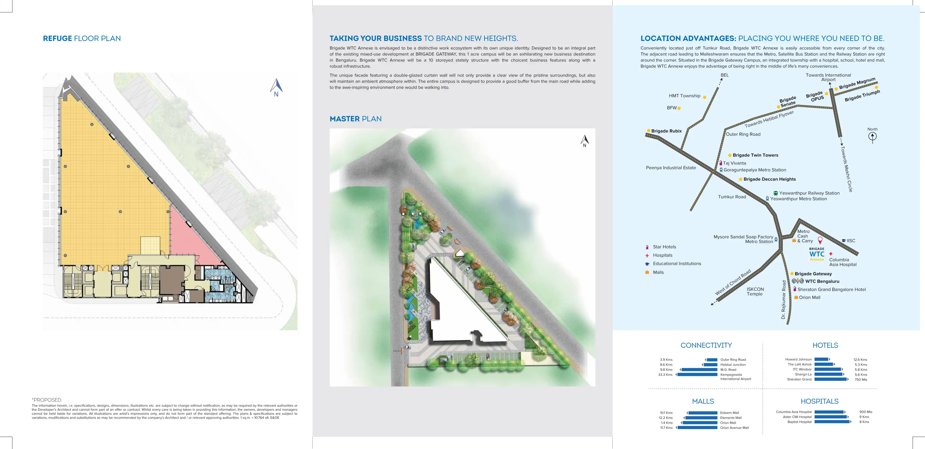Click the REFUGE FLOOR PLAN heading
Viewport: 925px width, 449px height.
coord(82,38)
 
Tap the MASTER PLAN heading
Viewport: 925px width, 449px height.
coord(355,119)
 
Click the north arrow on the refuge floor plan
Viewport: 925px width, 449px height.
coord(276,87)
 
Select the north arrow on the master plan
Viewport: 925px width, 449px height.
coord(585,140)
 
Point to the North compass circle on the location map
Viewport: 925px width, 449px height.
coord(872,136)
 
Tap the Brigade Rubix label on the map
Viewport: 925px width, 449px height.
coord(666,131)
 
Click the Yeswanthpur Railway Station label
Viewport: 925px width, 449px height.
coord(809,193)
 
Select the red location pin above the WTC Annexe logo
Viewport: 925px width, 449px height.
coord(820,240)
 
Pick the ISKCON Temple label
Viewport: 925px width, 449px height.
coord(755,291)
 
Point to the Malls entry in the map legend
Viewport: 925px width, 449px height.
coord(658,272)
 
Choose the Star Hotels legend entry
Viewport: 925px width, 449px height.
coord(664,247)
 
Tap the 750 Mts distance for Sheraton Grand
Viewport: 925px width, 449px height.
coord(861,380)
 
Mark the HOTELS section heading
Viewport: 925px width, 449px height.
coord(825,346)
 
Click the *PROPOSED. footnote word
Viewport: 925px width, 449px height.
coord(47,400)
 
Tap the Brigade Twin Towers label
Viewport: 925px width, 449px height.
coord(755,155)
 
